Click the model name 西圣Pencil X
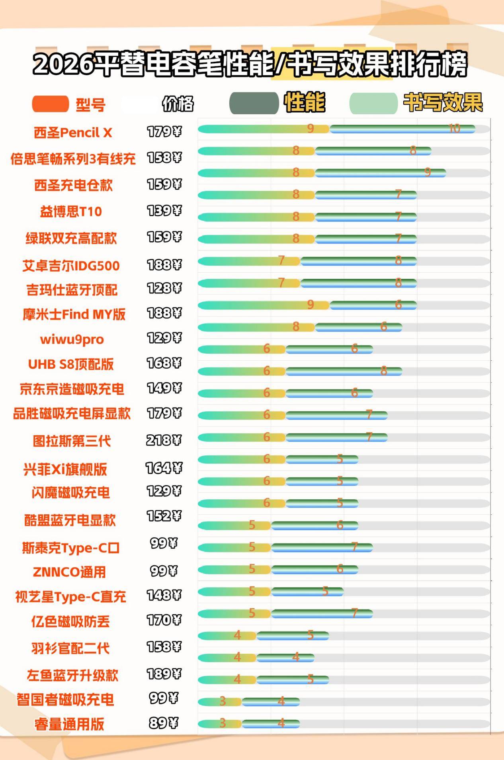tap(73, 133)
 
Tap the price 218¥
tap(164, 440)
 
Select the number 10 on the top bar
tap(454, 129)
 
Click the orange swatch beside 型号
tap(51, 104)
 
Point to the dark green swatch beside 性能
tap(254, 103)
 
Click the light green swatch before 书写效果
tap(373, 103)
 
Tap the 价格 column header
tap(178, 104)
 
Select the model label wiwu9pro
tap(72, 340)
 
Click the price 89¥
tap(164, 723)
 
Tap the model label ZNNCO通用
tap(69, 572)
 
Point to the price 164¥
tap(164, 468)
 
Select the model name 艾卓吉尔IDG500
tap(71, 266)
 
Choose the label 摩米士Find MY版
tap(74, 315)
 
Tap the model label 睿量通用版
tap(69, 724)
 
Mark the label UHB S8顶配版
tap(71, 364)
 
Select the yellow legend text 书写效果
tap(443, 103)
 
